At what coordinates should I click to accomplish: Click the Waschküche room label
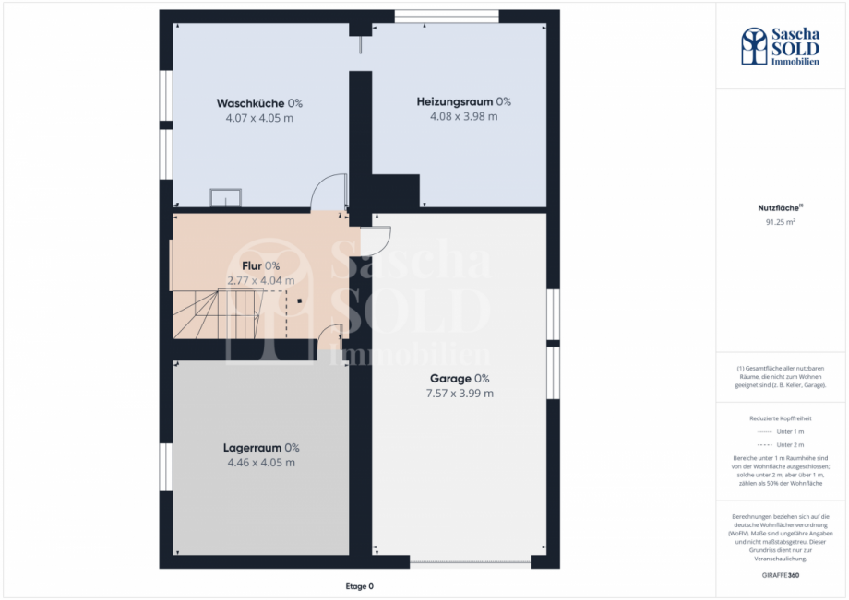[x=259, y=103]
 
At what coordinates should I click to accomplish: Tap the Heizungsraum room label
[x=463, y=101]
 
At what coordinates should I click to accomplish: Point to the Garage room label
[x=460, y=379]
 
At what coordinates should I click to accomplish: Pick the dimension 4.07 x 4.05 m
[x=259, y=118]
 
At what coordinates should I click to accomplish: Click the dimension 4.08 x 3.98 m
[x=463, y=116]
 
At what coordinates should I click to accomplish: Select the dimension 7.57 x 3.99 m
[x=460, y=394]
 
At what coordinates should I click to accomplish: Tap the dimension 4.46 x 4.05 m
[x=261, y=463]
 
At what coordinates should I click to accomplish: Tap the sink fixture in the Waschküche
[x=225, y=197]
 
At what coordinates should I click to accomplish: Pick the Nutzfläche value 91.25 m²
[x=781, y=222]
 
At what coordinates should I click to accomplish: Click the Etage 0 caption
[x=359, y=586]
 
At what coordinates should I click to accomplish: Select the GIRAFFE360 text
[x=781, y=576]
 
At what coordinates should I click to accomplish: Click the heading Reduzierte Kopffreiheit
[x=781, y=418]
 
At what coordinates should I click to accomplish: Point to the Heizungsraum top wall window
[x=447, y=16]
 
